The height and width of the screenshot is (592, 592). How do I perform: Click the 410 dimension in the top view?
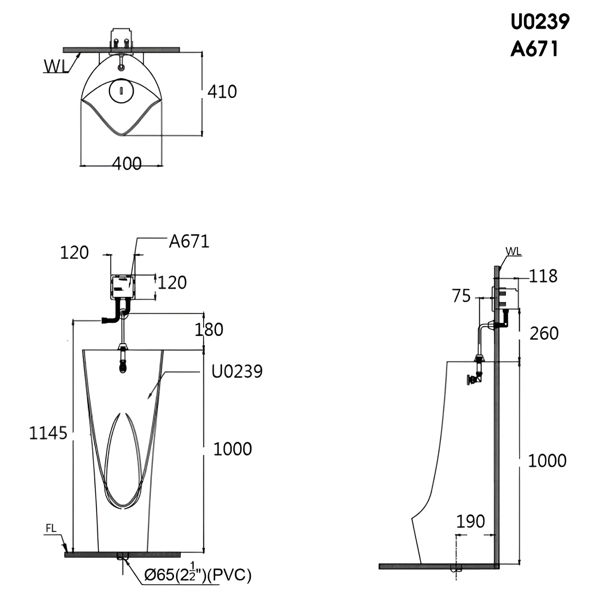pyautogui.click(x=222, y=92)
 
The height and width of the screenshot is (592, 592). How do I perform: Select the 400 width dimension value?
pyautogui.click(x=127, y=164)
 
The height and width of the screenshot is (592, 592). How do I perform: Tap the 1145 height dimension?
pyautogui.click(x=48, y=433)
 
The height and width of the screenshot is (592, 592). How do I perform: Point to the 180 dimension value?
pyautogui.click(x=209, y=330)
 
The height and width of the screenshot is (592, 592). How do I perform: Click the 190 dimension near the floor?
pyautogui.click(x=471, y=521)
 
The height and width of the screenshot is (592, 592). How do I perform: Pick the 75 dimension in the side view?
pyautogui.click(x=462, y=296)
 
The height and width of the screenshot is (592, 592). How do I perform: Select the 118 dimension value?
pyautogui.click(x=543, y=276)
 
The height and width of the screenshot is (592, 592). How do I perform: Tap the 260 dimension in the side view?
pyautogui.click(x=544, y=333)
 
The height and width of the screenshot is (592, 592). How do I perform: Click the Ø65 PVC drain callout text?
pyautogui.click(x=198, y=574)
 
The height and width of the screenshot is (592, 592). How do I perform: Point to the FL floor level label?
pyautogui.click(x=51, y=528)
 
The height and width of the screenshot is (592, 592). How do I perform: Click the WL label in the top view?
pyautogui.click(x=56, y=66)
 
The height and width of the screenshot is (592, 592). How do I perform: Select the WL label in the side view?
pyautogui.click(x=514, y=251)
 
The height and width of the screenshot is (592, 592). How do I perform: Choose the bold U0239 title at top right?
pyautogui.click(x=540, y=22)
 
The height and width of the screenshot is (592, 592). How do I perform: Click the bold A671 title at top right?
pyautogui.click(x=534, y=49)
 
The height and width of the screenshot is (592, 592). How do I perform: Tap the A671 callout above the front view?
pyautogui.click(x=189, y=242)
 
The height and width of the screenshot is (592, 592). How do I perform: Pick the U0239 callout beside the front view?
pyautogui.click(x=237, y=372)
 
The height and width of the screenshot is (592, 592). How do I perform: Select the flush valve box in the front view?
pyautogui.click(x=123, y=287)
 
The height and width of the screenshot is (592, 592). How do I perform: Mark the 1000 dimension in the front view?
pyautogui.click(x=232, y=449)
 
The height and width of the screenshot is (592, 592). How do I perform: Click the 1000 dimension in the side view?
pyautogui.click(x=547, y=461)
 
